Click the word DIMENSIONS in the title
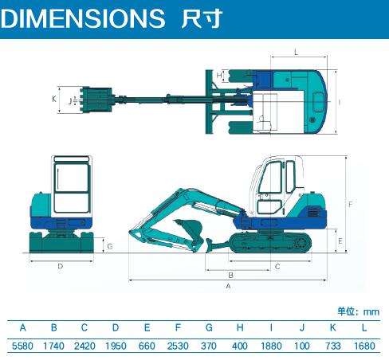click(x=83, y=18)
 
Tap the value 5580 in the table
click(x=22, y=346)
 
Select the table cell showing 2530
click(x=178, y=346)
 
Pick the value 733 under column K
click(x=333, y=346)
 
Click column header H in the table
click(x=240, y=328)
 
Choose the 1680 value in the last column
click(x=364, y=346)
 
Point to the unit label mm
click(x=371, y=311)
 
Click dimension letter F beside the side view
click(x=351, y=204)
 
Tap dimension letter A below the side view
click(x=228, y=286)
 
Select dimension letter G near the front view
click(x=110, y=246)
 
